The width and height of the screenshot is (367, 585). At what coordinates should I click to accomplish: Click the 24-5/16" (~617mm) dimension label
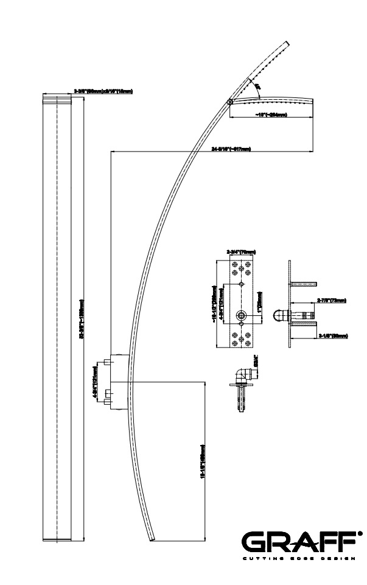pos(231,149)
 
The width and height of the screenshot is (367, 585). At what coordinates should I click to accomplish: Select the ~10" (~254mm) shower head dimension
pos(271,114)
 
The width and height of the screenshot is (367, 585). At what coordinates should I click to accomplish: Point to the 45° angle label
pos(258,88)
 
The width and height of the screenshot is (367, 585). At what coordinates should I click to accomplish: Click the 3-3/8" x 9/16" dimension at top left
pos(103,91)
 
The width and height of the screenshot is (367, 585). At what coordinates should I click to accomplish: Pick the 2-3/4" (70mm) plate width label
pos(241,251)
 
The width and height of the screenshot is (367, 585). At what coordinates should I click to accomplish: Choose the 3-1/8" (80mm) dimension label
pos(334,335)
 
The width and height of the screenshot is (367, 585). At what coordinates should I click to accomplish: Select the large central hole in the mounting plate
pos(242,315)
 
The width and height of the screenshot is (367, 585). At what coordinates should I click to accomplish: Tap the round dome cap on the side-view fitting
pos(278,316)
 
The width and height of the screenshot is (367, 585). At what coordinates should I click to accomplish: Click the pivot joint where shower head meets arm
pos(229,102)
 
